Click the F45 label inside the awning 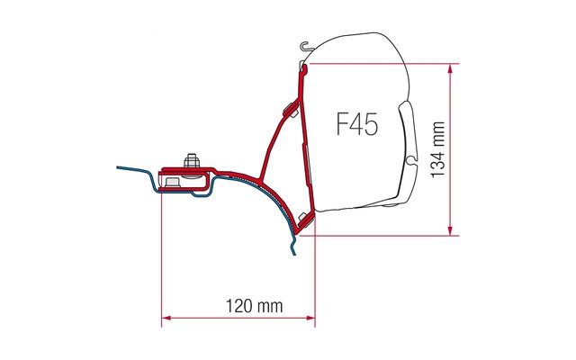pos(357,124)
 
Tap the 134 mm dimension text pos(438,150)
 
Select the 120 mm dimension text pos(254,306)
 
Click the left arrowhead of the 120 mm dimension pos(166,318)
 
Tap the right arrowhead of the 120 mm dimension pos(310,318)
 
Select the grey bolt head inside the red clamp pos(172,182)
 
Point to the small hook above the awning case pos(305,46)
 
